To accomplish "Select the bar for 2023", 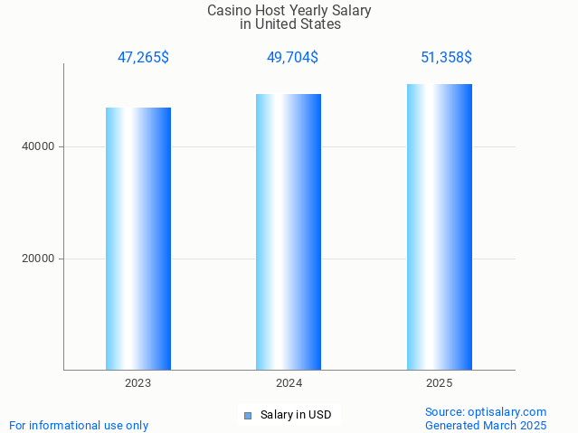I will [138, 239].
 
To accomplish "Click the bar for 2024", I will [289, 232].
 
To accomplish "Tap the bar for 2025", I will [440, 227].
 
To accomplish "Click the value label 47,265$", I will [143, 58].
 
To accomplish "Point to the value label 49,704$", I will [292, 58].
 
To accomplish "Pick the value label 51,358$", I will [446, 58].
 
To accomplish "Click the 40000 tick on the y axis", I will [38, 146].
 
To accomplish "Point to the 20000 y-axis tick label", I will [38, 259].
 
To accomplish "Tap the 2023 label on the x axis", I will [138, 383].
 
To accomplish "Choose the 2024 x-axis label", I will [289, 383].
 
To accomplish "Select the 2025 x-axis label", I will [440, 383].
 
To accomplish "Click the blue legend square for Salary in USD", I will [248, 416].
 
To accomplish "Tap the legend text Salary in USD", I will [296, 416].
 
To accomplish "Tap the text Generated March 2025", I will [486, 426].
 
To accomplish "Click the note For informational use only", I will [79, 426].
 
